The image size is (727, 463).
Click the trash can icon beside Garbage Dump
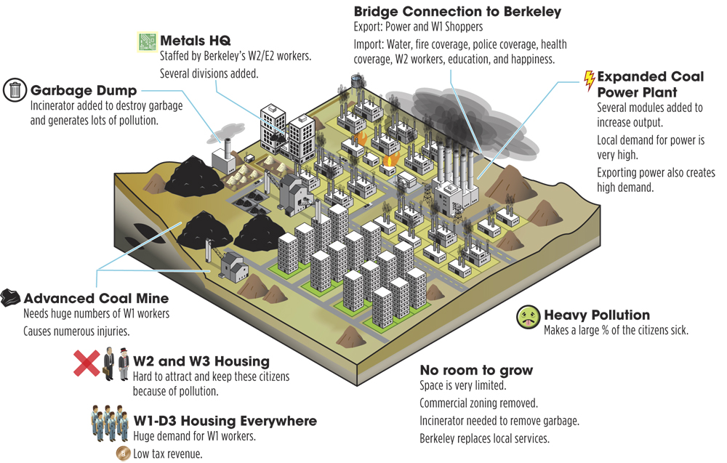point(15,90)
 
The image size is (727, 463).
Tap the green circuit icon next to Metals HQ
point(148,41)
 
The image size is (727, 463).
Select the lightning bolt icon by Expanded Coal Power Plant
point(590,81)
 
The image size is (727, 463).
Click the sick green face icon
point(528,318)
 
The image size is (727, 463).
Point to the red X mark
point(87,363)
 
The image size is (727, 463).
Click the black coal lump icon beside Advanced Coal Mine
point(10,297)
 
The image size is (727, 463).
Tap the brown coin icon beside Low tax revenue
point(123,454)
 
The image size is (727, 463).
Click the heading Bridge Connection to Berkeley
point(457,11)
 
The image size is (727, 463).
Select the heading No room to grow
point(476,370)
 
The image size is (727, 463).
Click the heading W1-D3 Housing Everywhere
point(225,421)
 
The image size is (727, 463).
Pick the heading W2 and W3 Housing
point(201,361)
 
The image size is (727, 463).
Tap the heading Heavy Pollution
point(597,315)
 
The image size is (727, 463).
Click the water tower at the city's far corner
point(357,82)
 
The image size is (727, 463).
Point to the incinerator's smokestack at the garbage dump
point(228,148)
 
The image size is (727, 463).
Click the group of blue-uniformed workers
point(110,423)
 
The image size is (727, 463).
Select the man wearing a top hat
point(124,364)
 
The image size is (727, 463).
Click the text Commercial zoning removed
point(478,403)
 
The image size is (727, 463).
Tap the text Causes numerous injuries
point(76,331)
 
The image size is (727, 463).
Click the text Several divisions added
point(209,73)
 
